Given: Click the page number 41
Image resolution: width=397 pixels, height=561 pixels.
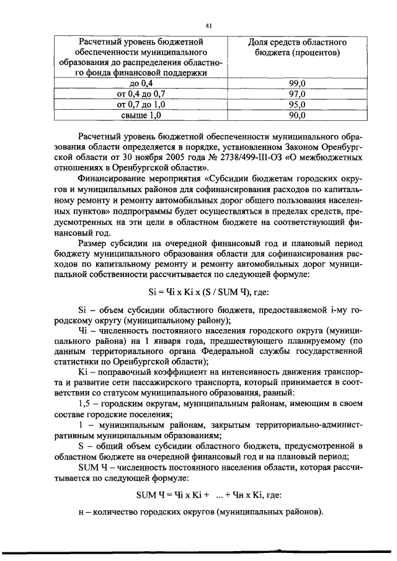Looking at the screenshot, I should tap(208, 25).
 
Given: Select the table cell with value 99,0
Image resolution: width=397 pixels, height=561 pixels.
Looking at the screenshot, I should tap(297, 82).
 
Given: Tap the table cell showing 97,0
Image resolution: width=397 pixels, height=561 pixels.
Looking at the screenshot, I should tap(297, 94).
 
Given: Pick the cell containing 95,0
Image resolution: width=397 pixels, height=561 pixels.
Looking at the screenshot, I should tap(297, 104).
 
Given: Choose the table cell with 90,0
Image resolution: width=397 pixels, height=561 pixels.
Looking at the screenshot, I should tap(297, 115).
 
